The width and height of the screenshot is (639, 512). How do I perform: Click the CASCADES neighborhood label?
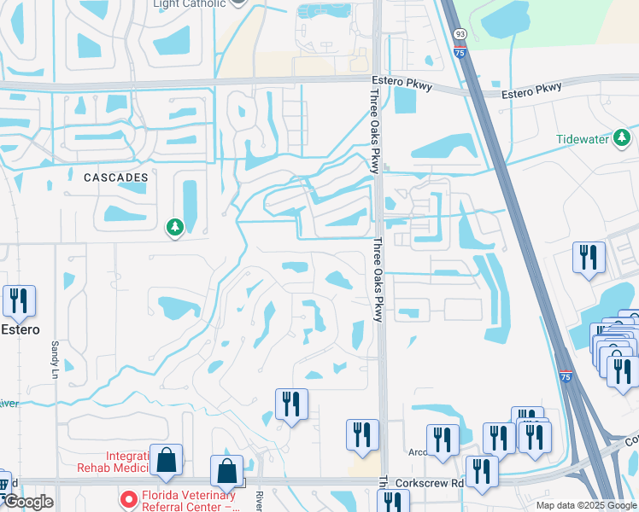coord(116,177)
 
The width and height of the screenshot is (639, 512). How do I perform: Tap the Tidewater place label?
coord(584,139)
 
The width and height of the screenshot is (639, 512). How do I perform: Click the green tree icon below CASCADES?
coord(175,227)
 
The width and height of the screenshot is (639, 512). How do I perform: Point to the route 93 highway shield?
coord(460,33)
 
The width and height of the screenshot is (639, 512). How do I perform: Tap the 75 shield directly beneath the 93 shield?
coord(460,52)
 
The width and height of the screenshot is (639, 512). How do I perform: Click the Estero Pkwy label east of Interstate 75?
coord(531,88)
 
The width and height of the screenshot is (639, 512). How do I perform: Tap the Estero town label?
coord(21,329)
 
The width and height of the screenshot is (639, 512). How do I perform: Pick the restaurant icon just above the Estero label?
coord(18,300)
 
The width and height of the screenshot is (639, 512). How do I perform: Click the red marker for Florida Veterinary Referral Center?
coord(127,497)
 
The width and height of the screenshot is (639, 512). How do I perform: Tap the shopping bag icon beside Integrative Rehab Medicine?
coord(166,460)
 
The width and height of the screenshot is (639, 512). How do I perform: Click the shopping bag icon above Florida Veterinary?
coord(226,470)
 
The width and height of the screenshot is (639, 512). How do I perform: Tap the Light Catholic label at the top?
coord(189,3)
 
